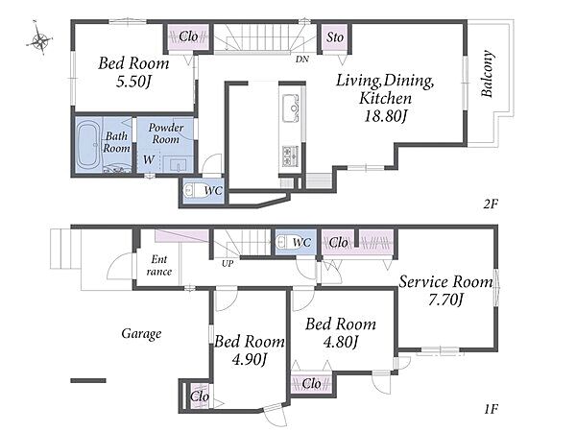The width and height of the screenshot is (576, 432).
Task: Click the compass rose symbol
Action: [39, 38]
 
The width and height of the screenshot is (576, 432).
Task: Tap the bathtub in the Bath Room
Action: [87, 144]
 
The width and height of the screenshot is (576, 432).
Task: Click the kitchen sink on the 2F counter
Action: [291, 108]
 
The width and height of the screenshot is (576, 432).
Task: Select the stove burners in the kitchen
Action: [291, 156]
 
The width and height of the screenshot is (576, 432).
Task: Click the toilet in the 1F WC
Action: [283, 242]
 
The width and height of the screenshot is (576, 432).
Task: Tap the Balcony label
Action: [488, 74]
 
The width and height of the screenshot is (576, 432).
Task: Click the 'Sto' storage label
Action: [335, 37]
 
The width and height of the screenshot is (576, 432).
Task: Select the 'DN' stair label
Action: [302, 59]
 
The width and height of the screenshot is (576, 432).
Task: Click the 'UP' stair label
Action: [228, 263]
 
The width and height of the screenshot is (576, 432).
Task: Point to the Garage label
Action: [141, 333]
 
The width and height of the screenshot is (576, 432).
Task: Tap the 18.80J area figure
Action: [385, 116]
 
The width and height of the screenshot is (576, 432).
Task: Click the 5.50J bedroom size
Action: [133, 82]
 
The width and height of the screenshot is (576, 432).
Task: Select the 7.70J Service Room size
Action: [445, 300]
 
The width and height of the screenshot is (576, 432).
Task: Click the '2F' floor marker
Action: [491, 204]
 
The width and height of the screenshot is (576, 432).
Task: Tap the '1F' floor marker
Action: [491, 409]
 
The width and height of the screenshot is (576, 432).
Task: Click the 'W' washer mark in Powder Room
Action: [149, 159]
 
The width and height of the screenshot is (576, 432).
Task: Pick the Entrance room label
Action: [159, 266]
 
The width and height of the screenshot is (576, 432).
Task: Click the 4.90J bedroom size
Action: [249, 359]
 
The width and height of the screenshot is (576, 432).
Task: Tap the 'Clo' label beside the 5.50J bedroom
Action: [188, 36]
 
